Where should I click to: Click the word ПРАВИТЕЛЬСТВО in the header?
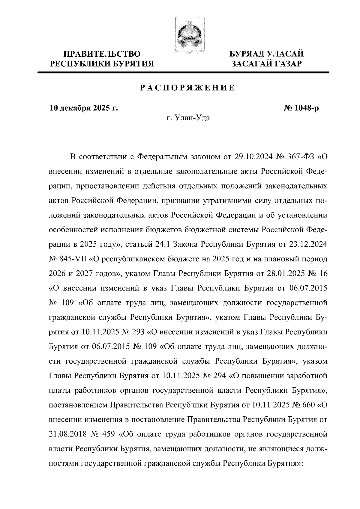click(x=102, y=54)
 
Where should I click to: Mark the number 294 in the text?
click(x=219, y=376)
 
